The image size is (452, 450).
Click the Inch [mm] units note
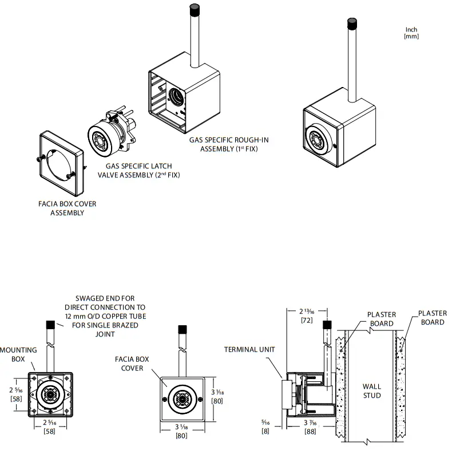coord(411,33)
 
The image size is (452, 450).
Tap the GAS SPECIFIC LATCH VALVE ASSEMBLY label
coord(138,171)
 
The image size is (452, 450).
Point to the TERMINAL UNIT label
coord(249,349)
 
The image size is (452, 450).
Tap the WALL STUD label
coord(371,391)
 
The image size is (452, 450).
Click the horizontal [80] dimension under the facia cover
coord(181,436)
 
